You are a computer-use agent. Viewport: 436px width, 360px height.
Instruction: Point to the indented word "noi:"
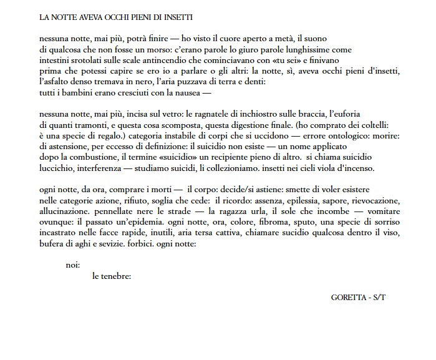[73, 265]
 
